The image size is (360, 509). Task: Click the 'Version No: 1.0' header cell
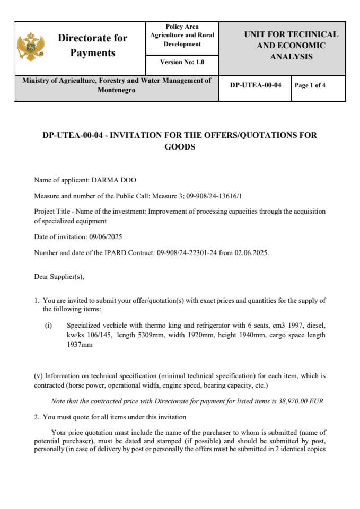point(182,62)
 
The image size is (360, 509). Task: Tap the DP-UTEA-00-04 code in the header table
point(255,85)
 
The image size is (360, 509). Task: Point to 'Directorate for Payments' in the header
point(92,46)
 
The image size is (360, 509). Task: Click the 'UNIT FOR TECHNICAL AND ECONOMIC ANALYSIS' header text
point(291,46)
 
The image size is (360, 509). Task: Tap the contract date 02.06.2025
point(251,252)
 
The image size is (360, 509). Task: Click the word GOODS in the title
point(180,147)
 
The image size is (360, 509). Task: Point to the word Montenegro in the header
point(117,90)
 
